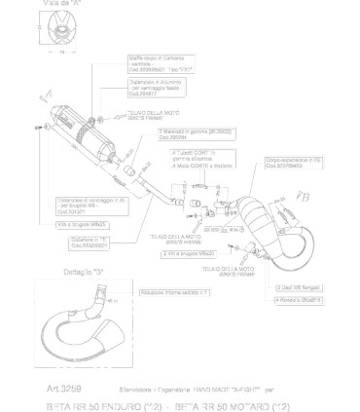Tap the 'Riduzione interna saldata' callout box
[174, 291]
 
